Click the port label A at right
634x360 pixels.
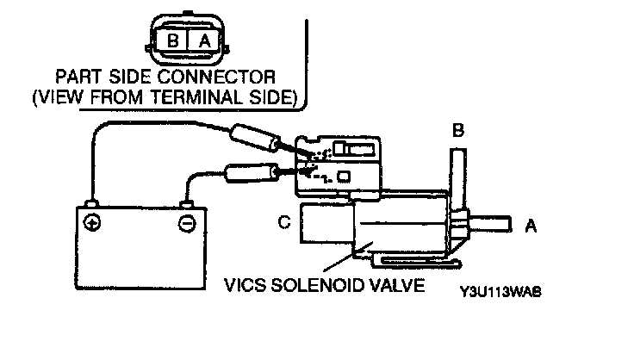click(531, 227)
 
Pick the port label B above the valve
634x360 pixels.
click(458, 131)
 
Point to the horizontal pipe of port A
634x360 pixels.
click(491, 227)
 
